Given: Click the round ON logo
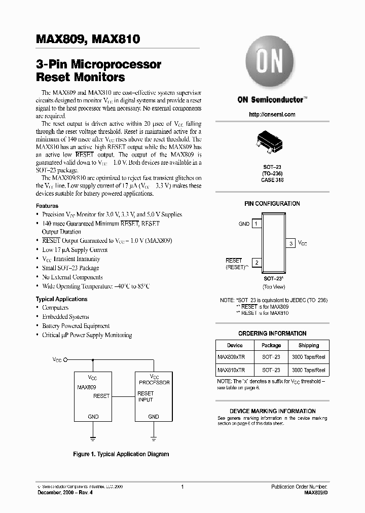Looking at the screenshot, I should point(272,65).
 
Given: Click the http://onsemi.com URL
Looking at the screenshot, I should point(272,115).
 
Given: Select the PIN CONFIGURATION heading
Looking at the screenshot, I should point(272,204).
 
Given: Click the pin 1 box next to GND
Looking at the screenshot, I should point(257,224).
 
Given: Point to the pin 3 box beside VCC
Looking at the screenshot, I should point(291,243).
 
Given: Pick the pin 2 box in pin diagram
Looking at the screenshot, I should point(257,263).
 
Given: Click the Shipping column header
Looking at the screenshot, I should point(309,345).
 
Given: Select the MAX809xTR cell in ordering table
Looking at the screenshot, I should point(231,357).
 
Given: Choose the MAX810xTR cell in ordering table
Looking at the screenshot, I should point(231,371).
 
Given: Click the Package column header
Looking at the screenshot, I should point(271,345).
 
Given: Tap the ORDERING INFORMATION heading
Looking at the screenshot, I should point(272,334).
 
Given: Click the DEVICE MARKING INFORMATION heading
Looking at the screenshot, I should point(272,411).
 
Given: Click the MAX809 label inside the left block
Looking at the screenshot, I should point(87,387).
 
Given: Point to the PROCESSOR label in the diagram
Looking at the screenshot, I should point(154,383).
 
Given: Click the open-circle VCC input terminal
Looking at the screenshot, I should point(65,359).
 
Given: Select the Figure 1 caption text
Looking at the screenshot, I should point(121,455).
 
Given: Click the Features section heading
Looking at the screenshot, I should point(46,206).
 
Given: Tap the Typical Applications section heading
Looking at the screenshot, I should point(58,299).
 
